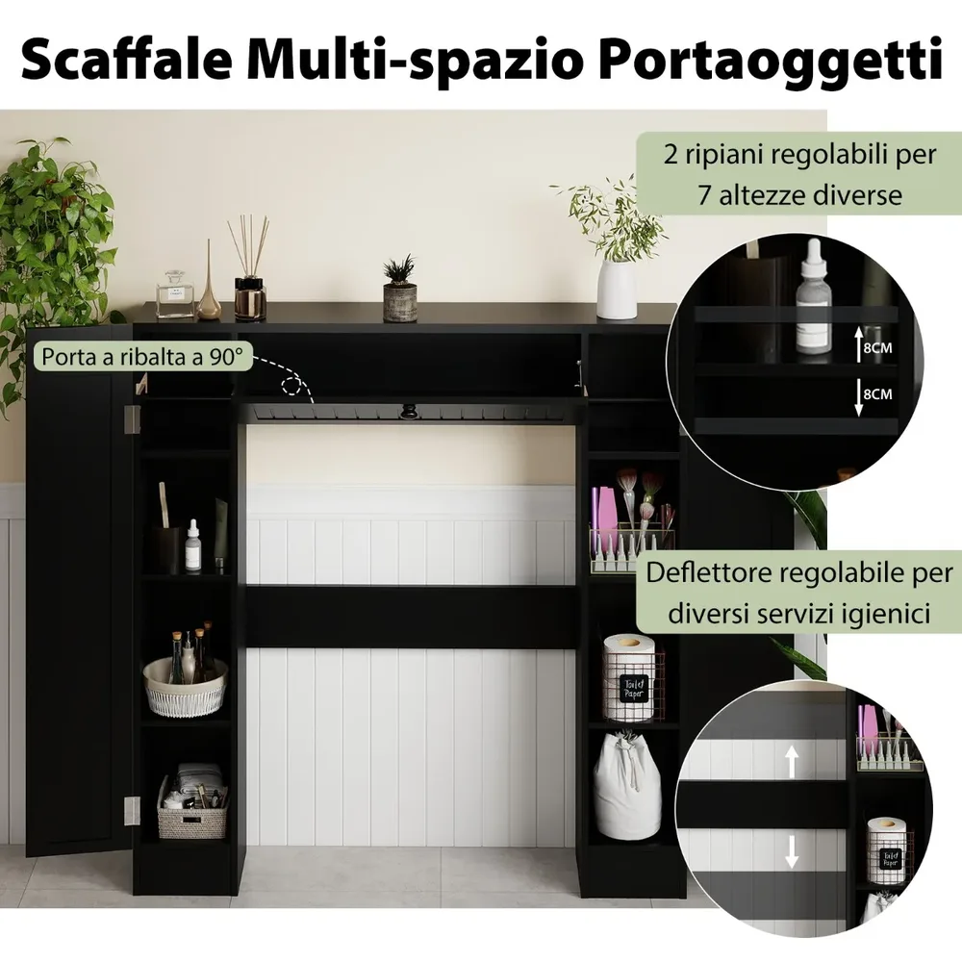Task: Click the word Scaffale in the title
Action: (x=127, y=59)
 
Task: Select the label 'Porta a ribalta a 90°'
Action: (x=142, y=357)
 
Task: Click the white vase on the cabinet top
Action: (x=616, y=289)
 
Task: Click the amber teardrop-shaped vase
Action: (x=209, y=289)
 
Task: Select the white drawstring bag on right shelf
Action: (x=627, y=786)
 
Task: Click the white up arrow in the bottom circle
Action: (x=792, y=761)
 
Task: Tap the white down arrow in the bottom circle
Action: (x=792, y=851)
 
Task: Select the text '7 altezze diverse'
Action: (x=800, y=195)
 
